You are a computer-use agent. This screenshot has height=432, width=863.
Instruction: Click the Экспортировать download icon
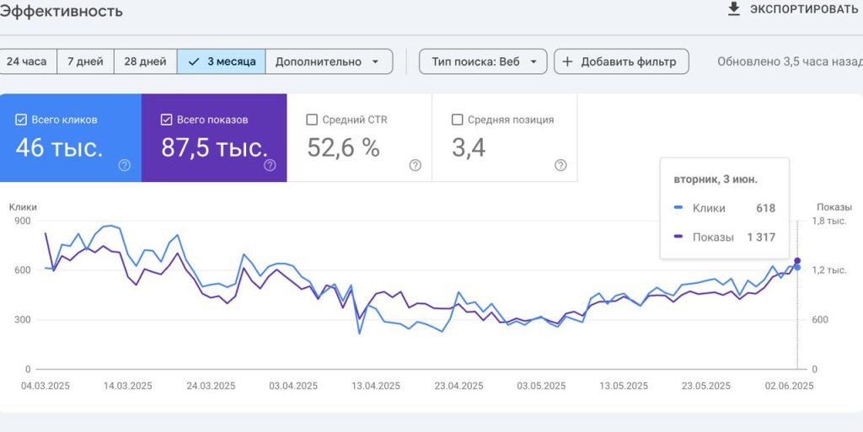click(734, 8)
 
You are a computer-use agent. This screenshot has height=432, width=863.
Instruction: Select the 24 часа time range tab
click(27, 61)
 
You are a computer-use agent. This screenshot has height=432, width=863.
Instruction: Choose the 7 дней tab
click(85, 61)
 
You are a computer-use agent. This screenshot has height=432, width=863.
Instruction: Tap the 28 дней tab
click(145, 61)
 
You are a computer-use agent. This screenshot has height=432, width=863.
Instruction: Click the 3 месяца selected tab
click(222, 61)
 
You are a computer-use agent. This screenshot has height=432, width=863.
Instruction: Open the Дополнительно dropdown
click(329, 61)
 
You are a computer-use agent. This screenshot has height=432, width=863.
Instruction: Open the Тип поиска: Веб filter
click(483, 61)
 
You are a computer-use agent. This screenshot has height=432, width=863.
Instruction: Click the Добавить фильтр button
click(621, 61)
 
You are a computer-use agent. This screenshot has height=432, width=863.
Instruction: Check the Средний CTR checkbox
click(312, 120)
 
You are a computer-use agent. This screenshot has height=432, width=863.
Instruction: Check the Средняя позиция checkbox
click(457, 120)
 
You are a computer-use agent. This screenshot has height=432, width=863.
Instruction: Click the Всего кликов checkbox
click(21, 120)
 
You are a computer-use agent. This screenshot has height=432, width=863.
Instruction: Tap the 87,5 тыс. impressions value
click(215, 148)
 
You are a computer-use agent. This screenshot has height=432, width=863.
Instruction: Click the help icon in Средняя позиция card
click(560, 165)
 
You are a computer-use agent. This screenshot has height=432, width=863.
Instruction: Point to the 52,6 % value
click(344, 148)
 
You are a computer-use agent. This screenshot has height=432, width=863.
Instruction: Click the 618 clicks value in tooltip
click(765, 208)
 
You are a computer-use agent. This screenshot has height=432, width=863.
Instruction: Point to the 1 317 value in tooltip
click(761, 237)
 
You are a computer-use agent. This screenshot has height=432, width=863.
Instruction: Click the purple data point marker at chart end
click(797, 260)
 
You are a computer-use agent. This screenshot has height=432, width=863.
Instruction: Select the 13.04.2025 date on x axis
click(376, 386)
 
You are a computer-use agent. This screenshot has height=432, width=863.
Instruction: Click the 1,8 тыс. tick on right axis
click(829, 221)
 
